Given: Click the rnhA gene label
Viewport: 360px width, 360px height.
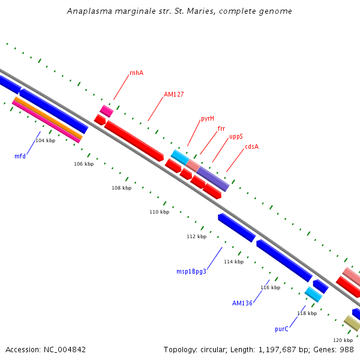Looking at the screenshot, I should [x=136, y=73].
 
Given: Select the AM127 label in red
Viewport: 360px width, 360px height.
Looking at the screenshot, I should [x=174, y=94].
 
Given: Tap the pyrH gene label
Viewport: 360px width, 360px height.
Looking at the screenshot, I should [x=208, y=118].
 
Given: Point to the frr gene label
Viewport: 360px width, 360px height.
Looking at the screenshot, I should [x=221, y=128].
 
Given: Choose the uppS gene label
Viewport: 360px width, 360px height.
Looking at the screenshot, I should [x=236, y=137].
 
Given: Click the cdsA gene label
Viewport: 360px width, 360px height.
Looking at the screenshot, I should [x=251, y=146].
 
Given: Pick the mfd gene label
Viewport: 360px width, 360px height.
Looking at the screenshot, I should [x=20, y=156].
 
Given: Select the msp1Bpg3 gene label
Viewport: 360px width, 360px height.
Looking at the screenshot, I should [x=191, y=271].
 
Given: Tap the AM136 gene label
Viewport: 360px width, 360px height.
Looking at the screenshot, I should [x=242, y=303].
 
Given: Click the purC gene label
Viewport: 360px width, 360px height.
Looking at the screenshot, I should [x=281, y=329].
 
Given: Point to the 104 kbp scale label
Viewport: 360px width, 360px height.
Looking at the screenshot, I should [x=46, y=140].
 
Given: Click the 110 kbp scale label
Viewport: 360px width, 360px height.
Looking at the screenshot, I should [x=159, y=212].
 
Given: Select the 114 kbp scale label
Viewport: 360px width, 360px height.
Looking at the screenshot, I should [x=233, y=262].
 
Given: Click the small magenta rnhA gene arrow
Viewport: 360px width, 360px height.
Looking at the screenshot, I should [x=106, y=110].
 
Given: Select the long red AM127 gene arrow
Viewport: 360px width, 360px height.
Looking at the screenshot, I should [x=134, y=140].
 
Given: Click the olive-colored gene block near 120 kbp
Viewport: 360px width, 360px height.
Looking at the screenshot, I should [x=352, y=323].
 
